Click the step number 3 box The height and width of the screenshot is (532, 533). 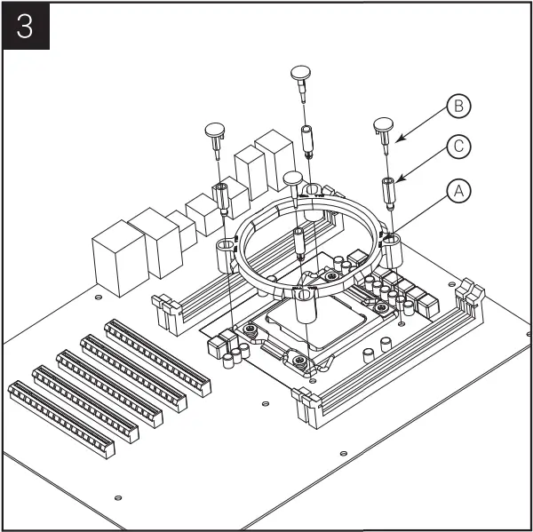point(26,28)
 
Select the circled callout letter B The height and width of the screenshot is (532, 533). point(458,107)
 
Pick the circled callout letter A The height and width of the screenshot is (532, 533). point(458,189)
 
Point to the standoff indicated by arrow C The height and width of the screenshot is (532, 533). point(388,189)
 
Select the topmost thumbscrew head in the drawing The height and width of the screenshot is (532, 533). point(303,73)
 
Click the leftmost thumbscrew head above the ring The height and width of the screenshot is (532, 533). point(217,131)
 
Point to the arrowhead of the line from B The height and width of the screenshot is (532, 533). point(398,140)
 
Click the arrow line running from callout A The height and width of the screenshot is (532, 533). point(418,213)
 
